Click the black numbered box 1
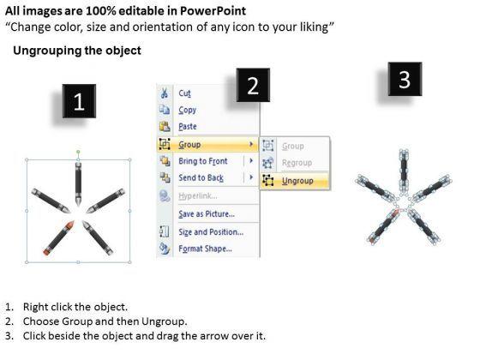point(79,101)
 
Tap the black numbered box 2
point(253,85)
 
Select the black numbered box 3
point(405,79)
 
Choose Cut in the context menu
point(184,93)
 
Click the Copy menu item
point(188,110)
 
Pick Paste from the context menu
point(188,127)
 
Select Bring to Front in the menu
point(203,161)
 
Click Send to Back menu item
point(201,178)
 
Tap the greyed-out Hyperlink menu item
point(198,196)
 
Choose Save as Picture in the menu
point(207,213)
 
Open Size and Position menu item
point(211,232)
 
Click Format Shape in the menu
point(205,249)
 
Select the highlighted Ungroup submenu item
point(297,181)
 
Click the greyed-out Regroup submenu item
point(297,163)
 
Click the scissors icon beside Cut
point(164,93)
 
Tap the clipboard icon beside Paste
point(165,126)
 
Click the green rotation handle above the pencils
point(78,152)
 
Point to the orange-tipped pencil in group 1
point(59,237)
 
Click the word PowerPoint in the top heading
point(213,11)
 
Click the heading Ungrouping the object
point(77,51)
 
